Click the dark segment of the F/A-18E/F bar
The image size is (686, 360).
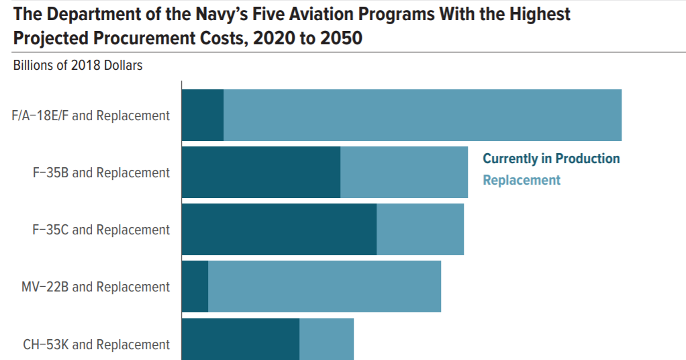pos(203,115)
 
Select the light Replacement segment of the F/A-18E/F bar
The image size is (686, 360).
pos(422,115)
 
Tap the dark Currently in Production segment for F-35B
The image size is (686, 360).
pos(261,172)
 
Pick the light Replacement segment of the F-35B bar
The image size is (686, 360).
pos(404,172)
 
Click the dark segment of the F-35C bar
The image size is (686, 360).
pos(279,229)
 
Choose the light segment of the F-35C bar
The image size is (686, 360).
pos(420,229)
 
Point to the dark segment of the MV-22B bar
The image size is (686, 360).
pos(195,287)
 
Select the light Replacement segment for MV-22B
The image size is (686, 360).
pos(324,287)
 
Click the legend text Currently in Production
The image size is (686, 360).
pos(551,159)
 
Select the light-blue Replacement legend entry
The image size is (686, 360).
pos(522,180)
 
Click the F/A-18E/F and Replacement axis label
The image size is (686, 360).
pos(91,116)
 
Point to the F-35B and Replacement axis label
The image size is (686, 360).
pos(101,173)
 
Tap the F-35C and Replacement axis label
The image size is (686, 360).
pos(101,230)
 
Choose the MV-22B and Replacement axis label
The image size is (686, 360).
pos(96,287)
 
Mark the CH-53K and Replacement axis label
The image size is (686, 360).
pos(97,345)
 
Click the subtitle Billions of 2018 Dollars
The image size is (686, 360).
pos(78,66)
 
